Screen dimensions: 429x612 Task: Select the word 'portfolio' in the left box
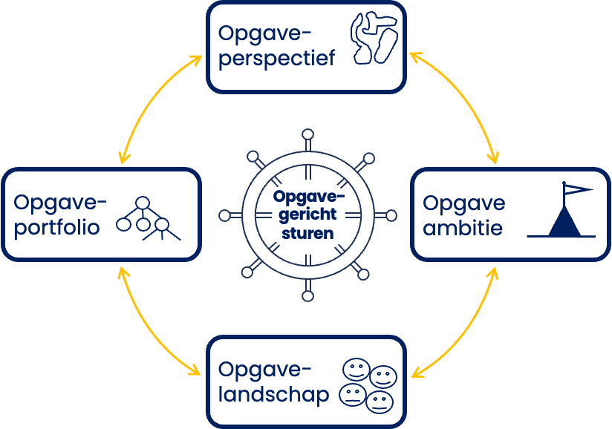click(x=56, y=227)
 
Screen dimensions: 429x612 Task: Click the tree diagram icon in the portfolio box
click(x=149, y=220)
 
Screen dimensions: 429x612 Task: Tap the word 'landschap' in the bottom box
click(x=274, y=396)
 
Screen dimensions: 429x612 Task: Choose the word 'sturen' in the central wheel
click(x=307, y=232)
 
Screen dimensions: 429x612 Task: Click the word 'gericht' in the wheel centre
click(x=307, y=214)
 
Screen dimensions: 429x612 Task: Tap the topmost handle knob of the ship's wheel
click(x=307, y=135)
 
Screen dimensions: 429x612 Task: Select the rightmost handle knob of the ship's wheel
click(x=390, y=215)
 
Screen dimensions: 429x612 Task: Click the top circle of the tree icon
click(x=142, y=203)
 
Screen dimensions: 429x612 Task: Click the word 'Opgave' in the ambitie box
click(x=464, y=203)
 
